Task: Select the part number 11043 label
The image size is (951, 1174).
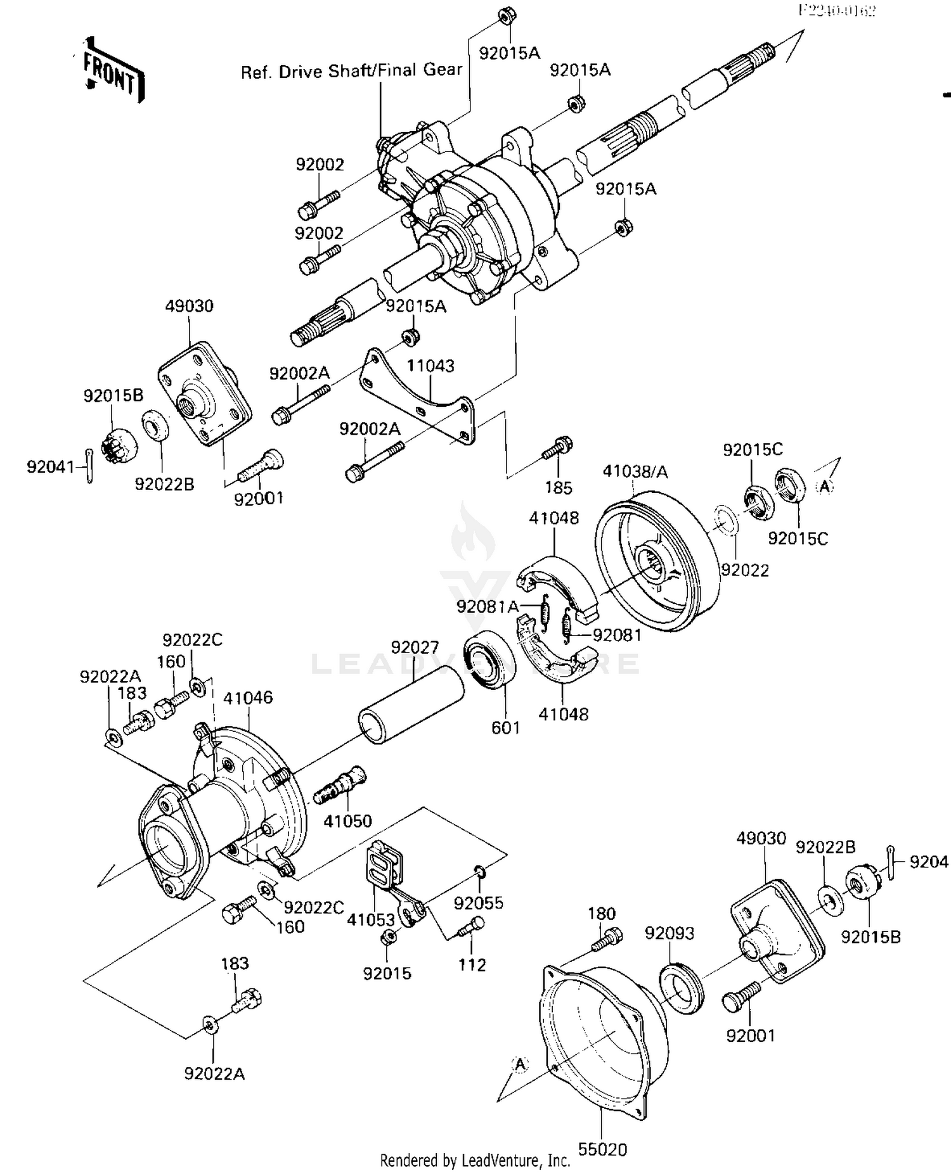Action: pos(430,366)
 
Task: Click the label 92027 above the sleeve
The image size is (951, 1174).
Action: pos(414,648)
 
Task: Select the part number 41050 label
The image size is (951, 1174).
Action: pos(347,821)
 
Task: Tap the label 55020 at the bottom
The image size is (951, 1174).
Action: pos(602,1149)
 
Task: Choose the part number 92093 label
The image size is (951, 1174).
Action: pos(669,933)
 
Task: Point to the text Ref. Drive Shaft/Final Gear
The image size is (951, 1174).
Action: pos(351,71)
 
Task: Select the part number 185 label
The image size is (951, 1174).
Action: pos(558,488)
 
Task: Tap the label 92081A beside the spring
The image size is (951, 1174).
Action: pos(487,607)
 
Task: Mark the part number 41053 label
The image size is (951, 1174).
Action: pos(371,919)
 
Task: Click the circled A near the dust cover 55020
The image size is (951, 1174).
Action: pos(520,1065)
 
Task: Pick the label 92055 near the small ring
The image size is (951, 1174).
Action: pos(478,903)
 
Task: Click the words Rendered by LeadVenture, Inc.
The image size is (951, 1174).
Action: pos(475,1161)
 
